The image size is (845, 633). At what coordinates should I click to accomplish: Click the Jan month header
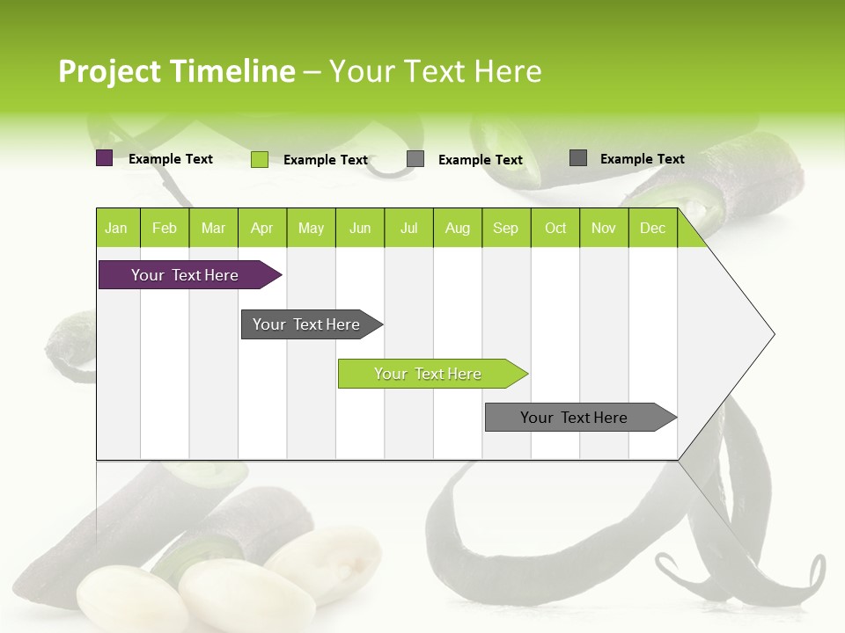point(116,229)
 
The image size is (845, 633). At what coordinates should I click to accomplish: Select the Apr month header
point(262,229)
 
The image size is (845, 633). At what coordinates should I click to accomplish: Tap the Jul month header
point(408,229)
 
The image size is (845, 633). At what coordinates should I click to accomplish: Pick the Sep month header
point(505,229)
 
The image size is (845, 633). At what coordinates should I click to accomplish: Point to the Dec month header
point(652,229)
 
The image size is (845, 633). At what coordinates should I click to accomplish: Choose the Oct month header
point(555,229)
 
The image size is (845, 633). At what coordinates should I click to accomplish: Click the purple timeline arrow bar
point(185,275)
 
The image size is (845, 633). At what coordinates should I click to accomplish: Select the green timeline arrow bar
point(428,374)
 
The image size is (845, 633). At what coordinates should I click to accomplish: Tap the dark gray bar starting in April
point(306,324)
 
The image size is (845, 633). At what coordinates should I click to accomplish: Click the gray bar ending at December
point(574,418)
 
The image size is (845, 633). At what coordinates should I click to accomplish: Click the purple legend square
point(104,158)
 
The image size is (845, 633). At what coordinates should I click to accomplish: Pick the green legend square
point(259,159)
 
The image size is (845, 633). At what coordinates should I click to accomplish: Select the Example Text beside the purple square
point(171,159)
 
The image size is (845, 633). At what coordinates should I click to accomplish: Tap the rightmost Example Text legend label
point(642,159)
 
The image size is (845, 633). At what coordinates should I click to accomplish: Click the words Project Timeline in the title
point(176,71)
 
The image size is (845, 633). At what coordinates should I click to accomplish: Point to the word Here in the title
point(508,71)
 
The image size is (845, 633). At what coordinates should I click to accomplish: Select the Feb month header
point(165,229)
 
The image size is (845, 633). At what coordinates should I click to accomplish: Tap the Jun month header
point(360,229)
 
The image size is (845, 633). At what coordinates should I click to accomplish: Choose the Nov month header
point(604,229)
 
